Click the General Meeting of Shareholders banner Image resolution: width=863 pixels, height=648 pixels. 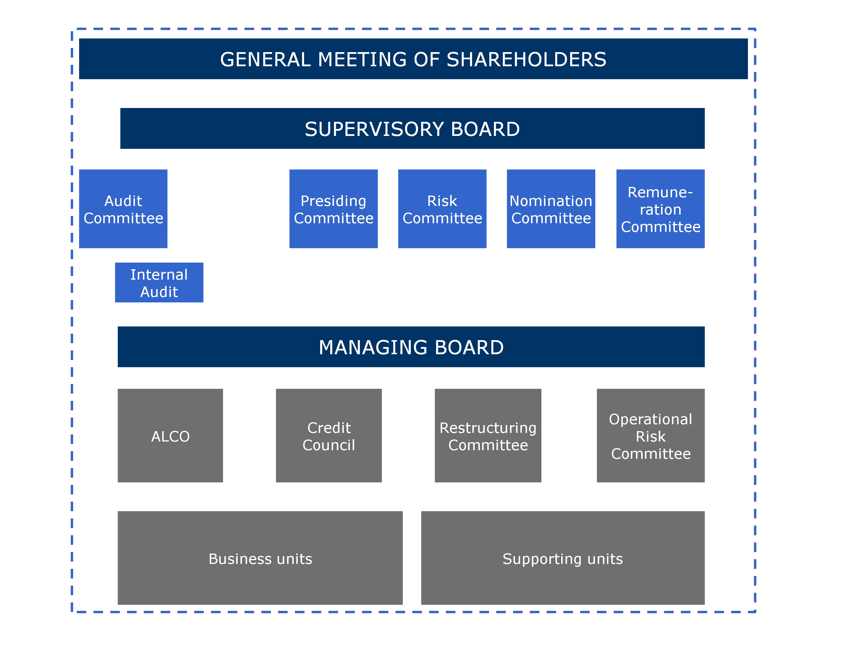[413, 59]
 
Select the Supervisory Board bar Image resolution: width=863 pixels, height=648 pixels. [413, 128]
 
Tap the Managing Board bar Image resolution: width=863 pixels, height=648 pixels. [411, 347]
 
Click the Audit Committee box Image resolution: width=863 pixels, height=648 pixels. [123, 209]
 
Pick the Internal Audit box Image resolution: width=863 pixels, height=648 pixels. [159, 283]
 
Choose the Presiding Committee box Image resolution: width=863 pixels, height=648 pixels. [334, 209]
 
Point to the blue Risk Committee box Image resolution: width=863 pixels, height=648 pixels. [442, 209]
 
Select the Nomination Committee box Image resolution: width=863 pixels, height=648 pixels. [551, 209]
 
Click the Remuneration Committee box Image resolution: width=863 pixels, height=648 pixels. [660, 209]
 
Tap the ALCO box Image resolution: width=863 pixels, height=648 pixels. [171, 435]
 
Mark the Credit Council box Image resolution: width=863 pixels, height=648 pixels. [329, 435]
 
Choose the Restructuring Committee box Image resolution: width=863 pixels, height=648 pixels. [488, 435]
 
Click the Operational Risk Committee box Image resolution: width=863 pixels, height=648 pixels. [651, 435]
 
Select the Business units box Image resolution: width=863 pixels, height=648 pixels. [260, 558]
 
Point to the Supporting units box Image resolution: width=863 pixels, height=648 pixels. [563, 558]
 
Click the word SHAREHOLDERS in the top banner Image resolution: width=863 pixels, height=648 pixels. [526, 60]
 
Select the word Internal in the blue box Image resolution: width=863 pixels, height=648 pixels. [159, 274]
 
